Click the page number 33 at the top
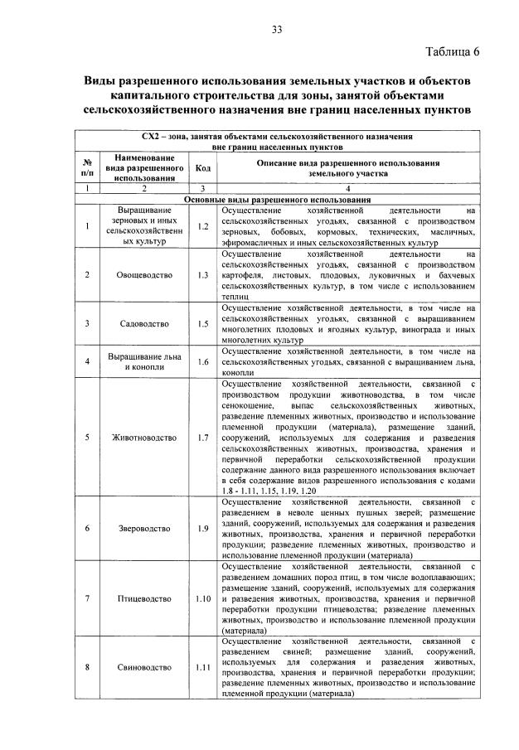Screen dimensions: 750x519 [277, 31]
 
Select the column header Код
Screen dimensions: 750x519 [203, 167]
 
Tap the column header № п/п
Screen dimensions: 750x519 [87, 167]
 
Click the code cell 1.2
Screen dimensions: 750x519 [203, 225]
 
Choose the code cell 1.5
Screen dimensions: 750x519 [203, 323]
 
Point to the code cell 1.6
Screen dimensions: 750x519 [203, 361]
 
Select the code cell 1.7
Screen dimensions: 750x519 [203, 437]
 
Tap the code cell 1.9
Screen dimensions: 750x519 [203, 528]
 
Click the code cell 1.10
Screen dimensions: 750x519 [203, 598]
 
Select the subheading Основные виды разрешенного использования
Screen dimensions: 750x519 [277, 200]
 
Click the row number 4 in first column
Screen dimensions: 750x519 [87, 361]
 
